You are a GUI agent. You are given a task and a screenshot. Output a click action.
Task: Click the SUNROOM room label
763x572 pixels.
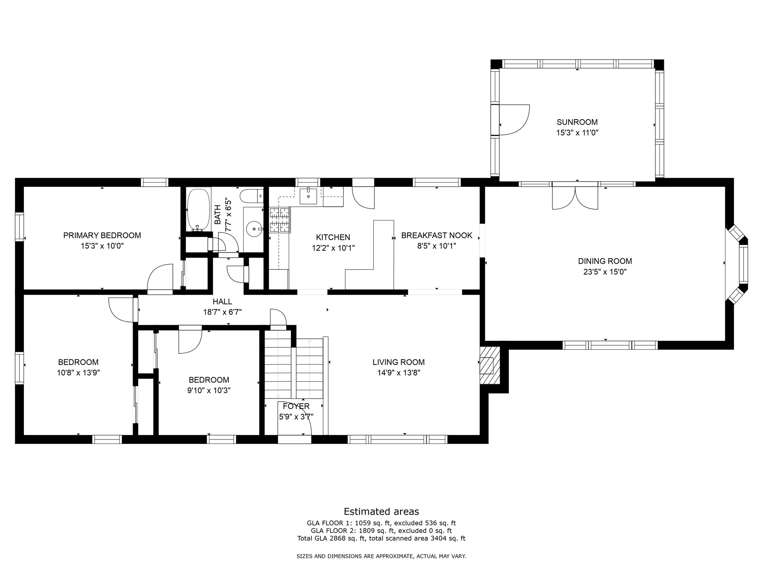pos(577,122)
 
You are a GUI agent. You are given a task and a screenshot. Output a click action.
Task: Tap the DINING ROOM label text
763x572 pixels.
pos(605,261)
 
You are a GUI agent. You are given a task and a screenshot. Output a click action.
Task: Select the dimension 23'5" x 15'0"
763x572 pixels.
pos(605,272)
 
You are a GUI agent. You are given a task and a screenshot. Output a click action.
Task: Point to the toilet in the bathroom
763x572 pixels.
pos(252,195)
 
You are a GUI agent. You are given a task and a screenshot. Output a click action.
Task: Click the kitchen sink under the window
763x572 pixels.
pos(309,196)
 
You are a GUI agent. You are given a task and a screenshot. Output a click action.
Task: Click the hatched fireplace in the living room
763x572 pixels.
pos(490,365)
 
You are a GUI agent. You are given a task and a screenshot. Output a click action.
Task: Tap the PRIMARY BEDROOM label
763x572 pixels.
pos(102,235)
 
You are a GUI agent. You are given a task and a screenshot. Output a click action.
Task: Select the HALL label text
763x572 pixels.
pos(222,302)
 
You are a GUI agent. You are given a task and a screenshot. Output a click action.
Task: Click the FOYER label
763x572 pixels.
pos(296,406)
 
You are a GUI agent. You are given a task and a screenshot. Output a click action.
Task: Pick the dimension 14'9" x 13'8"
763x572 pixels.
pos(399,372)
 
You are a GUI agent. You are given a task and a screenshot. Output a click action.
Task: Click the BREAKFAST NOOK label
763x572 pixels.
pos(437,235)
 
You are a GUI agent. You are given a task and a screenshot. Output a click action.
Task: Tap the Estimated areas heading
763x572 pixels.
pos(381,511)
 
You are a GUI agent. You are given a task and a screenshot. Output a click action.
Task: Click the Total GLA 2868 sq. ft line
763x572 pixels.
pos(381,538)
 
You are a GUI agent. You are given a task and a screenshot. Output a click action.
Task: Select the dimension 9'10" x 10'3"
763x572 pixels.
pos(209,390)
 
